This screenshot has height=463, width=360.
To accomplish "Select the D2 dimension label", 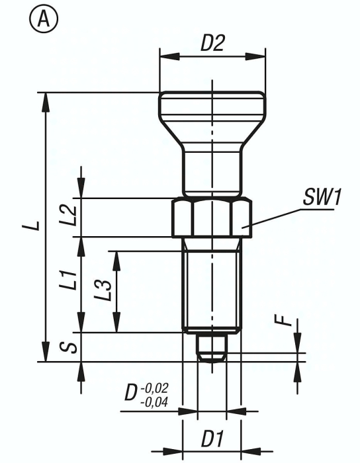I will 212,44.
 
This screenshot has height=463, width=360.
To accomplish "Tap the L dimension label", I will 32,226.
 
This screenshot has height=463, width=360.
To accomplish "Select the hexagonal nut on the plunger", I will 212,218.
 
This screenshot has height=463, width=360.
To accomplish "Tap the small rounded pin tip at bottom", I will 212,349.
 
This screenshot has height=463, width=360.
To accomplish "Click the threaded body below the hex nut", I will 212,284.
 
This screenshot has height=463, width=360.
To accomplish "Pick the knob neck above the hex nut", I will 212,169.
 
